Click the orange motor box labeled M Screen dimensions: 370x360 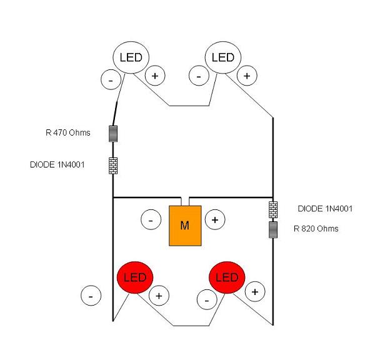click(185, 226)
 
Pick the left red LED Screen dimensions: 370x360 click(135, 277)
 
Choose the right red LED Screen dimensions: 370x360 click(227, 277)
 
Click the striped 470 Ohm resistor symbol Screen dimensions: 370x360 click(113, 134)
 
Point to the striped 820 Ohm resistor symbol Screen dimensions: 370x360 click(273, 230)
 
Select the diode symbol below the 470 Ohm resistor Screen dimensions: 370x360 click(113, 166)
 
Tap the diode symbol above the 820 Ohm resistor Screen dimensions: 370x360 click(273, 209)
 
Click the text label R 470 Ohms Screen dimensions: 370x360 click(68, 132)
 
